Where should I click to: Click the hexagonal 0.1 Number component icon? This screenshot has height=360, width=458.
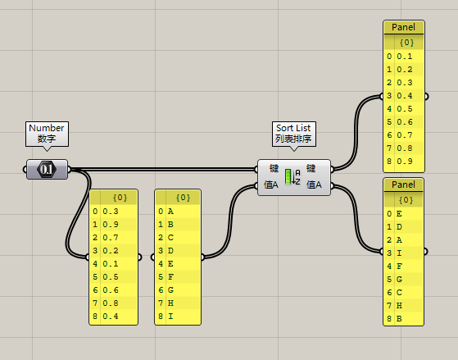click(x=47, y=169)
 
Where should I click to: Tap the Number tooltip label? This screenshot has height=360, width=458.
click(x=47, y=134)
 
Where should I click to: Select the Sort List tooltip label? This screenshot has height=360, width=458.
click(x=294, y=134)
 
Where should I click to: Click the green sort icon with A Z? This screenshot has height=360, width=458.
click(x=292, y=177)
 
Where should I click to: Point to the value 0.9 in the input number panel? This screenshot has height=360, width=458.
click(x=111, y=225)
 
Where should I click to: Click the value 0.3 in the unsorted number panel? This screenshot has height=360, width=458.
click(x=111, y=212)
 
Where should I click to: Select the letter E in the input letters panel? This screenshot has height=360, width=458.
click(x=170, y=264)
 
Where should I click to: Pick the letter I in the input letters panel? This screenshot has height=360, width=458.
click(x=170, y=317)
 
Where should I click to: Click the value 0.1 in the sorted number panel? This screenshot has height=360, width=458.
click(x=405, y=57)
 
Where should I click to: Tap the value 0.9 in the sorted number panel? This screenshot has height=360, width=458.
click(x=405, y=162)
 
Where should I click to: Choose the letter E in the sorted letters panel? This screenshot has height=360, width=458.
click(x=399, y=214)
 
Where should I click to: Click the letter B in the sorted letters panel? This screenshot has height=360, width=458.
click(x=399, y=319)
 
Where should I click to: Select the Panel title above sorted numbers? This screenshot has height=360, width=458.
click(x=403, y=27)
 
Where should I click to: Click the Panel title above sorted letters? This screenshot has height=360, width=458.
click(x=403, y=185)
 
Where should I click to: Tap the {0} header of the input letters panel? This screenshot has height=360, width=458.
click(x=184, y=198)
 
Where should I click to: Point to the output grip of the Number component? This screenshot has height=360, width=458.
click(x=69, y=169)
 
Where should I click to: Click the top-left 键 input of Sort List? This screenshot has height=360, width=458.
click(x=274, y=168)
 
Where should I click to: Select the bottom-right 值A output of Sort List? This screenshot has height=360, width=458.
click(x=315, y=185)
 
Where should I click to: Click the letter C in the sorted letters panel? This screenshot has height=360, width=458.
click(x=399, y=293)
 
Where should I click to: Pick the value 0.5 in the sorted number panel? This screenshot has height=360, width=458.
click(x=405, y=109)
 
